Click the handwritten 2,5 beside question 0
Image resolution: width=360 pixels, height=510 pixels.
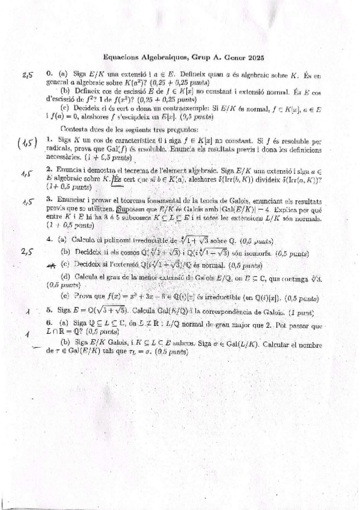click(27, 75)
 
